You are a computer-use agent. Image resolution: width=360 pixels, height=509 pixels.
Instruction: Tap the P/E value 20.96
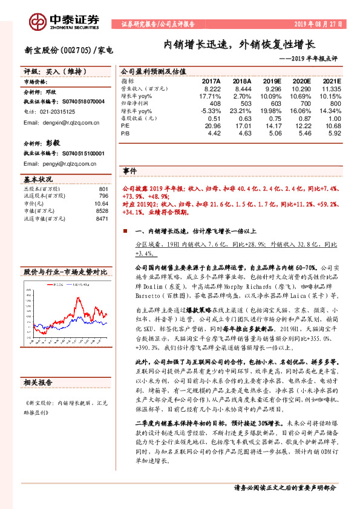[x=212, y=126]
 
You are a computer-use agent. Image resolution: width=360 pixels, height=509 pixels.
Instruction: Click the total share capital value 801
[x=103, y=189]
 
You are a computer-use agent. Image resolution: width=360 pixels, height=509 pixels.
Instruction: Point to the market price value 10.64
[x=100, y=204]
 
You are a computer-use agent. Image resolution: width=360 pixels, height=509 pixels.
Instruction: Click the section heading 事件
[x=129, y=171]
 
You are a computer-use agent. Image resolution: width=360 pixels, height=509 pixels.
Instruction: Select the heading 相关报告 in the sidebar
[x=37, y=383]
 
